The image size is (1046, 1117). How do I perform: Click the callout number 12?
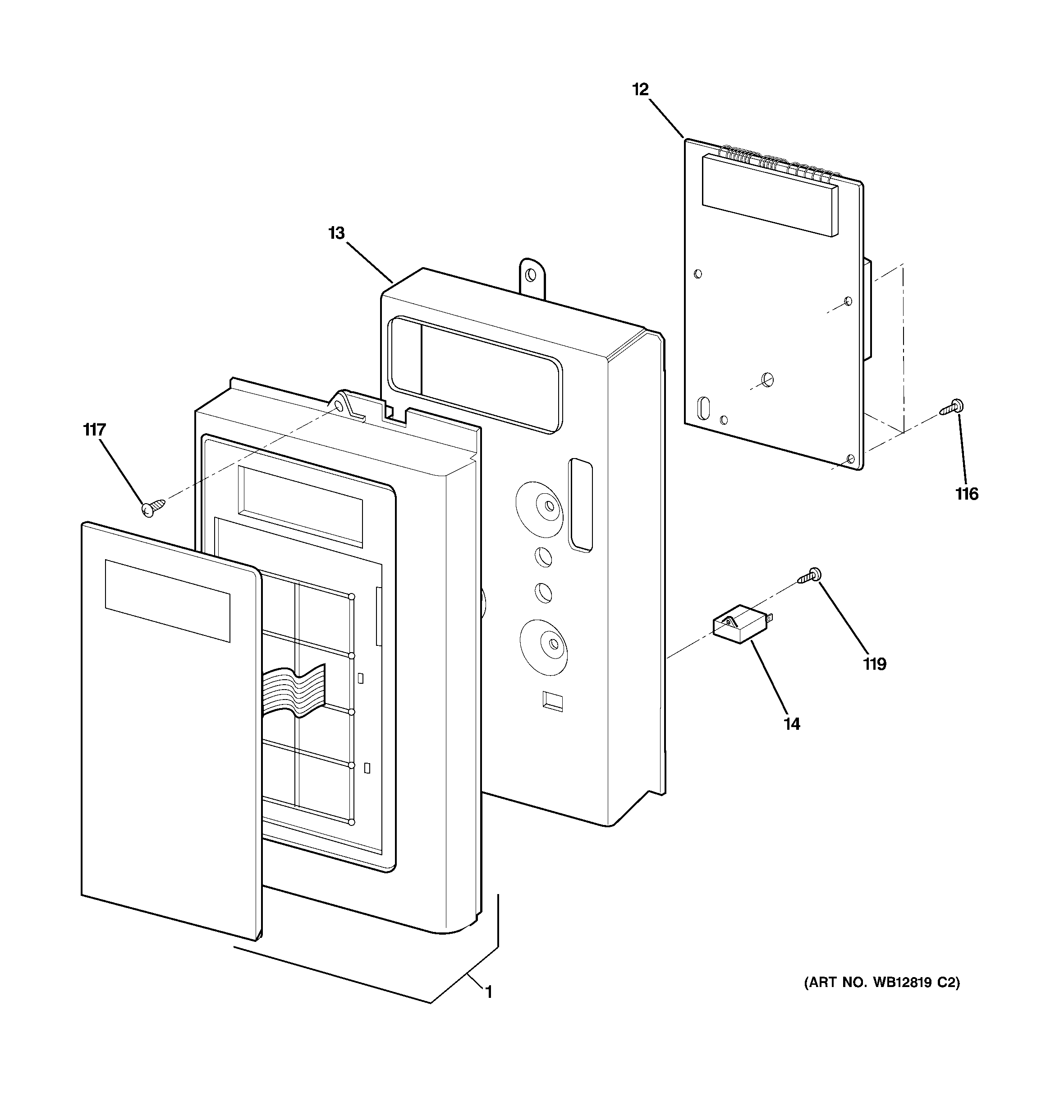click(x=640, y=90)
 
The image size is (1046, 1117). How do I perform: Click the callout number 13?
click(x=336, y=233)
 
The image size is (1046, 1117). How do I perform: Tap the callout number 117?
click(x=94, y=431)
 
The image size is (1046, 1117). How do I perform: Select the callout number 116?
click(x=967, y=495)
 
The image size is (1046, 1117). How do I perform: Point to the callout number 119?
click(x=875, y=665)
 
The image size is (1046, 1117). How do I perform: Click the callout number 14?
click(x=792, y=724)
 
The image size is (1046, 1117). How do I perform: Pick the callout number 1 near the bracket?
click(x=488, y=993)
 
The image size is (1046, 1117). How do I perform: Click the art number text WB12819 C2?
click(x=882, y=983)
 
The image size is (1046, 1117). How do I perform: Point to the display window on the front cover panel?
click(x=167, y=600)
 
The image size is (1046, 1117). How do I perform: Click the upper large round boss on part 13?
click(x=539, y=504)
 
